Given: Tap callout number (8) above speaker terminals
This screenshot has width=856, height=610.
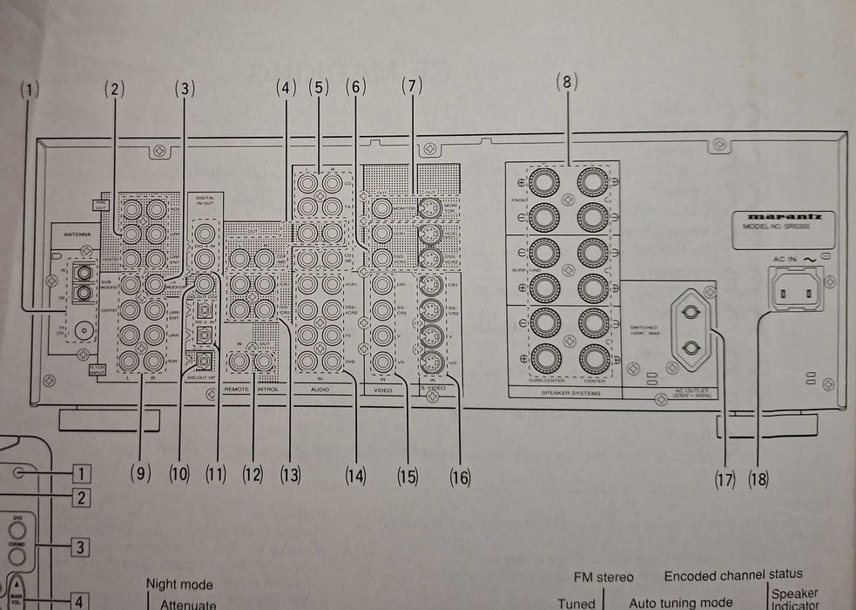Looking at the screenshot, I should [566, 83].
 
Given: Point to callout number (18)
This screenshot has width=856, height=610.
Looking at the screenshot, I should [758, 478].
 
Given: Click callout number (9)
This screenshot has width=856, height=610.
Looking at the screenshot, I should [140, 474].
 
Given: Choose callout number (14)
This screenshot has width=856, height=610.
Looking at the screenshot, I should [355, 476].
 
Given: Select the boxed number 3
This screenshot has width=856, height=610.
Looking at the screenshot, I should [80, 548].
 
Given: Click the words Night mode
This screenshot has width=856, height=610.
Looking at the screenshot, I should [179, 584].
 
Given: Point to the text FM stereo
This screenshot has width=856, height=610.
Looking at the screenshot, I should [603, 576].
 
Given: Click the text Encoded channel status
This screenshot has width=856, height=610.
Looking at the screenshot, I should [733, 575].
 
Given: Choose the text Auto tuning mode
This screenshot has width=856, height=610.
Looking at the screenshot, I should [682, 602].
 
